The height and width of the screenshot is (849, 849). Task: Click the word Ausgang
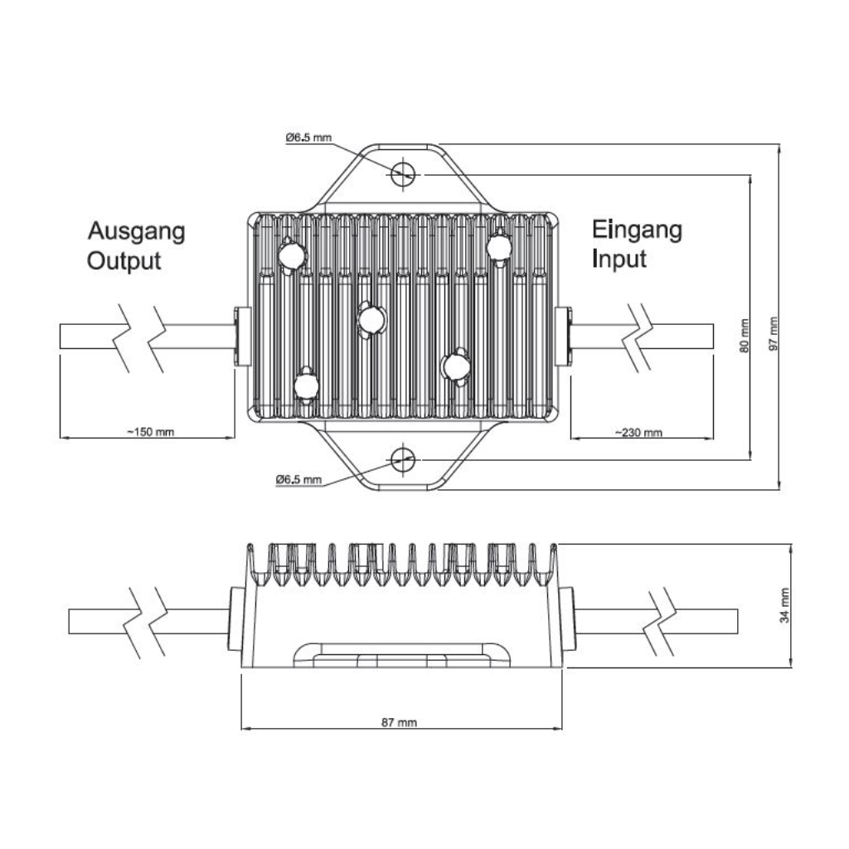(x=137, y=233)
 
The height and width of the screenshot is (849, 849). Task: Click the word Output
(x=124, y=261)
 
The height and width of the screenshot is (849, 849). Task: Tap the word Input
(x=619, y=260)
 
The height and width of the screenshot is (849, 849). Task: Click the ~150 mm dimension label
(x=151, y=431)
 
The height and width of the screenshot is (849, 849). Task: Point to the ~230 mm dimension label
(x=638, y=432)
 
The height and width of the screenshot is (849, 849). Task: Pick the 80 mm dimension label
(x=745, y=336)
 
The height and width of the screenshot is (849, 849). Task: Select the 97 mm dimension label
(x=774, y=333)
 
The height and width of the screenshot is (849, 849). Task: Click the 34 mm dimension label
(x=784, y=605)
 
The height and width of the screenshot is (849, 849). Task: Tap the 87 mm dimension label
(x=399, y=722)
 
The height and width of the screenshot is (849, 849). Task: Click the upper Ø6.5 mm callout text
(x=308, y=138)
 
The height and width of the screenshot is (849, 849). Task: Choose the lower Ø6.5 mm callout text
(x=298, y=479)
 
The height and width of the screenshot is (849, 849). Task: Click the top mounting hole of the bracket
(x=403, y=173)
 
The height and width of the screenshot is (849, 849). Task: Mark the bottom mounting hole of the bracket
(x=403, y=459)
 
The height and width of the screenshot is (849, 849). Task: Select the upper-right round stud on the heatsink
(x=498, y=247)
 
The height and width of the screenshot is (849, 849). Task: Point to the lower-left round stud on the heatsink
(x=307, y=386)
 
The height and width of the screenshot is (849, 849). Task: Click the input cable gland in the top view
(x=564, y=337)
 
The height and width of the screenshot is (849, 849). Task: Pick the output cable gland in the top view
(x=242, y=337)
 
